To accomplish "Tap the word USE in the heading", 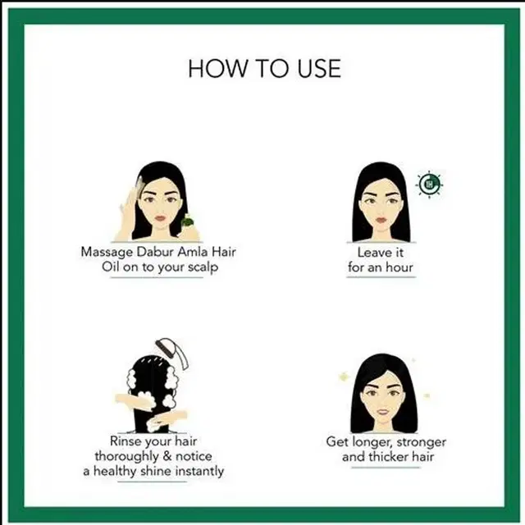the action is pos(319,68).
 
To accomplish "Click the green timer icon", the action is pos(429,184).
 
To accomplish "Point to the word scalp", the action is pos(203,267).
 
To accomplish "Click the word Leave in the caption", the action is pos(371,253).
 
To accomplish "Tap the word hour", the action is pos(399,267).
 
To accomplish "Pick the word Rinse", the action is pos(122,441).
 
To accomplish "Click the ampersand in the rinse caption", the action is pos(167,456).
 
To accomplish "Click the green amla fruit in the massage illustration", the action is pos(188,222).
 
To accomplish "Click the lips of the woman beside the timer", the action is pos(381,221).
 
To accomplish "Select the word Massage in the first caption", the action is pos(107,253).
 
